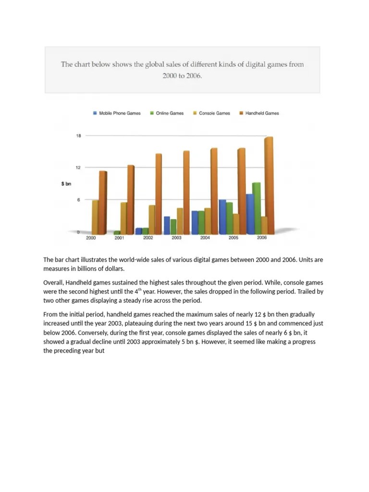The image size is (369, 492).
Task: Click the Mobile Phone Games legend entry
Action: click(x=117, y=113)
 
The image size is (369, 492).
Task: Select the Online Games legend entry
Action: click(x=167, y=113)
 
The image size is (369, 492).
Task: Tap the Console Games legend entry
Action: click(x=211, y=113)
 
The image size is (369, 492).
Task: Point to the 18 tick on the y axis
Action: click(x=78, y=136)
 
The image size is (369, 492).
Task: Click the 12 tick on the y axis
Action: click(x=78, y=168)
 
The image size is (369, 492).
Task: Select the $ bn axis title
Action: click(x=66, y=184)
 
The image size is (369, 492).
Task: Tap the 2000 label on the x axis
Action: click(x=91, y=238)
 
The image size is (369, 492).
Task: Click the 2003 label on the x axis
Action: click(x=176, y=238)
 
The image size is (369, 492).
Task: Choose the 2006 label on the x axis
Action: click(x=262, y=238)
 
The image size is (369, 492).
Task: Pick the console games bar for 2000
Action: click(x=95, y=217)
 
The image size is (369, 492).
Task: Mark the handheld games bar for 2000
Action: click(x=103, y=202)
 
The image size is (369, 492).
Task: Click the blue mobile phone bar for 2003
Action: click(x=167, y=225)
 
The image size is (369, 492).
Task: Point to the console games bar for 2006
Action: click(x=264, y=225)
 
